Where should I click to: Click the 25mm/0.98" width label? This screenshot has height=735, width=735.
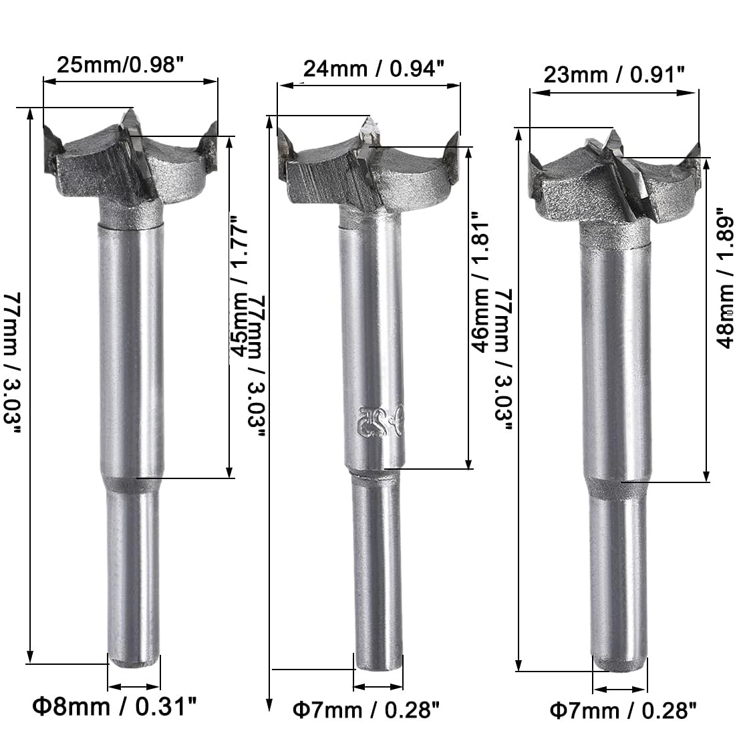point(119,64)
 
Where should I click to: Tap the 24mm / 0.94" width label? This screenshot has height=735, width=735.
point(374,68)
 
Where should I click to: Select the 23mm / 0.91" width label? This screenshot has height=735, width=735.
point(614,74)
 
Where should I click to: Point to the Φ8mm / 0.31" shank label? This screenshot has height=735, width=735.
point(114,706)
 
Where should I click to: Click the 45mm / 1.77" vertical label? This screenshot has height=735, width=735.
point(238,286)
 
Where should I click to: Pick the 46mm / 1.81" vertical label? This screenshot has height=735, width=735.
point(480,281)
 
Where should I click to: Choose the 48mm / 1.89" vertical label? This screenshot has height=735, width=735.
point(724,279)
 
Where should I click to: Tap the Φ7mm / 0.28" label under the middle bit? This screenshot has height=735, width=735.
point(366,710)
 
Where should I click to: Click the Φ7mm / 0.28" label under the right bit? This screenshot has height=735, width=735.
point(623,711)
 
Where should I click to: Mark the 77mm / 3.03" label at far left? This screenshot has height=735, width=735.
point(12,363)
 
